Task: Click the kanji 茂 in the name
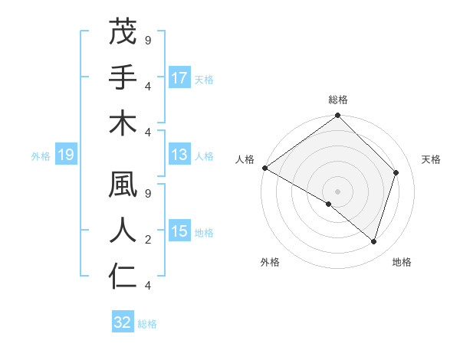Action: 123,33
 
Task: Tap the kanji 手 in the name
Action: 123,77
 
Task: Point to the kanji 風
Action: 123,186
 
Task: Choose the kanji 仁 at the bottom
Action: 123,277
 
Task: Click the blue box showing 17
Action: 179,78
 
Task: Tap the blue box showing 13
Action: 179,155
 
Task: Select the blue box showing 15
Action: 179,232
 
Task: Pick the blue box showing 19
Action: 66,155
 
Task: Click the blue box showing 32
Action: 123,322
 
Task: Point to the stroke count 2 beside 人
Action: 147,240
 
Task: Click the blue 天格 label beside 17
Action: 204,79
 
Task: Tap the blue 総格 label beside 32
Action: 147,323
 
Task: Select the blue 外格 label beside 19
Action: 41,156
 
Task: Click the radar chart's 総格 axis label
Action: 337,100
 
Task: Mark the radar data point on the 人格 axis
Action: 264,168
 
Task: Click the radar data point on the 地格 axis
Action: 373,241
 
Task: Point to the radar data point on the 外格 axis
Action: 329,204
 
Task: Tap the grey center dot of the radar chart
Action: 337,191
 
